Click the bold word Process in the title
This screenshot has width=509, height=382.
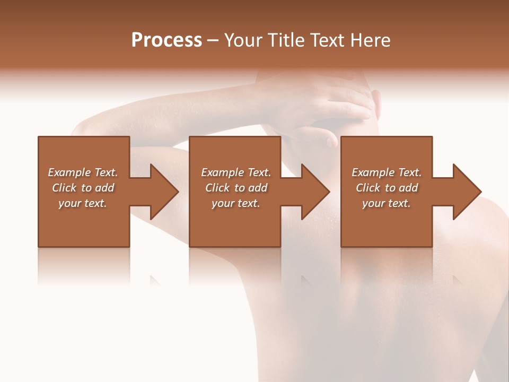pos(166,40)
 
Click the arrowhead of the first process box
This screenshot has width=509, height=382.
pos(162,192)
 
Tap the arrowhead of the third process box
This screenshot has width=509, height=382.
pos(466,192)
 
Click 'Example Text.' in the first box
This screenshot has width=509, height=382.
pos(83,172)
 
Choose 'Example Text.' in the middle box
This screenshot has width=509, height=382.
pos(236,172)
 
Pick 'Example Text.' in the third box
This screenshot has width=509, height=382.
pos(387,172)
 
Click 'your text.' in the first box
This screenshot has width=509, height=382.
pos(83,203)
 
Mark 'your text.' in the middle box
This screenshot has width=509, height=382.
pos(236,203)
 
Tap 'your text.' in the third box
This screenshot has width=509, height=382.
pos(387,203)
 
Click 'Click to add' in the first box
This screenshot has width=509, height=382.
pos(83,188)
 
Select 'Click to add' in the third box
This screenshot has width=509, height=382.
pos(387,188)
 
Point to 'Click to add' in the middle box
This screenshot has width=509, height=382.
pos(236,188)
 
